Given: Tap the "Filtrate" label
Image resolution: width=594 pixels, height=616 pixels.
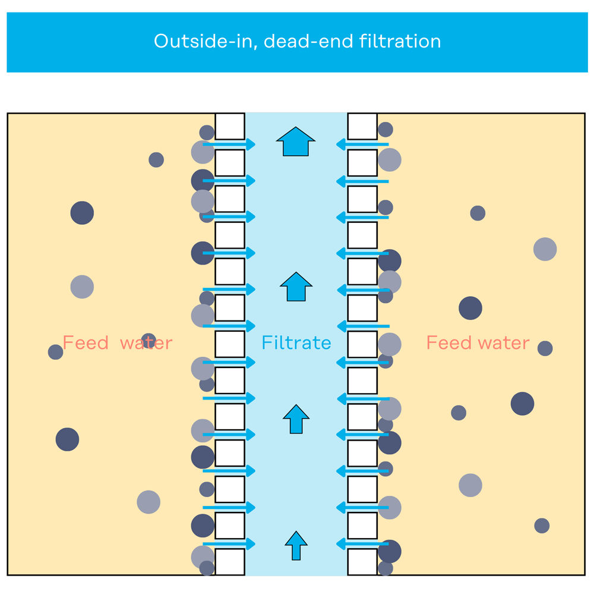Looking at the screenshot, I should tap(296, 343).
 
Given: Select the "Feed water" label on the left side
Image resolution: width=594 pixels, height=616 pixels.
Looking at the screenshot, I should tap(117, 343).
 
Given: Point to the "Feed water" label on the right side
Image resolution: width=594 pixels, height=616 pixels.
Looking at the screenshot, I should tap(478, 343).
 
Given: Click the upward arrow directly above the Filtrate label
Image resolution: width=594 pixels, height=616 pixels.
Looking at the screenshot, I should tap(296, 287).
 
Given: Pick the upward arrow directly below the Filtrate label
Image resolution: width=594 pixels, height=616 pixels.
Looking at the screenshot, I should tap(296, 419).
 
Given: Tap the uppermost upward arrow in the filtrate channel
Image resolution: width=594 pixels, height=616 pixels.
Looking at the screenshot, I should tap(296, 142).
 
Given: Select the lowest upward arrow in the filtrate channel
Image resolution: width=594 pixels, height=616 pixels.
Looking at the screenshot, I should tap(296, 545).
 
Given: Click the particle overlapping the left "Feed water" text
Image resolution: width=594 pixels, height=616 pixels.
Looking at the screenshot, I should tap(148, 341).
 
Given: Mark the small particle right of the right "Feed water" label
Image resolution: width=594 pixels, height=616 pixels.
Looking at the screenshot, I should tap(545, 348).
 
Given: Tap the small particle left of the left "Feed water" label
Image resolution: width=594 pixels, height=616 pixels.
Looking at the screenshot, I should tap(55, 352).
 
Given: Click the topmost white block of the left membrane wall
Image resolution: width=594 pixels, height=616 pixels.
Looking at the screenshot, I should tap(230, 127).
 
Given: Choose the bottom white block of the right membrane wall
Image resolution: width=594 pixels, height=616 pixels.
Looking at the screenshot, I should tap(362, 562).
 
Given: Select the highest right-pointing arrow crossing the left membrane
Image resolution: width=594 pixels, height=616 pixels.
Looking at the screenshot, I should tap(229, 144).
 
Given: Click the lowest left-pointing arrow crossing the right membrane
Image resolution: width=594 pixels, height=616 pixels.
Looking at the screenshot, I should tap(362, 544).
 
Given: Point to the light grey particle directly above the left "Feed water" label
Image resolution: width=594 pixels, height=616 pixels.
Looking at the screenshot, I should tap(82, 287).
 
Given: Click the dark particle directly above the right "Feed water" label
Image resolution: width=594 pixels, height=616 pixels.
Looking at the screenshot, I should tap(470, 308).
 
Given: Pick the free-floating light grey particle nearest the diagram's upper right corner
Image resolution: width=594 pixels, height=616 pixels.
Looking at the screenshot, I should tap(545, 249).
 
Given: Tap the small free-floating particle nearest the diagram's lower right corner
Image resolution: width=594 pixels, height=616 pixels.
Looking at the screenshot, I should tap(542, 526).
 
